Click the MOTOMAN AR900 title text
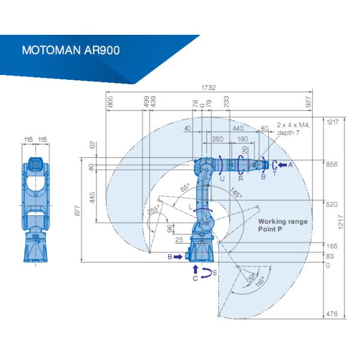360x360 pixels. click(x=70, y=49)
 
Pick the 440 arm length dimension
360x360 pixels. click(x=238, y=128)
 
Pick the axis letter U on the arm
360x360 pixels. click(x=221, y=178)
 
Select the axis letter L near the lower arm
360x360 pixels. click(x=191, y=206)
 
